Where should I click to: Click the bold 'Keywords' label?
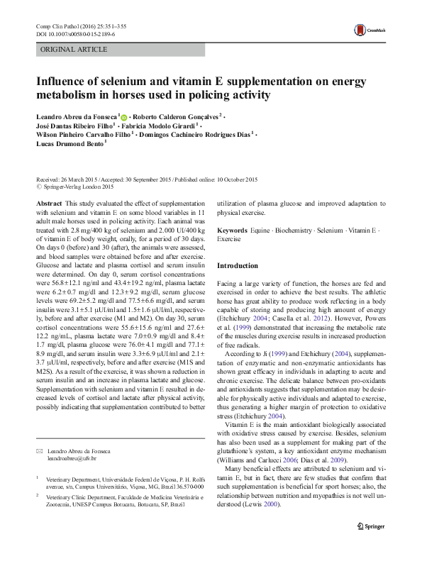pos(232,231)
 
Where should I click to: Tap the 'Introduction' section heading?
pos(238,265)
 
